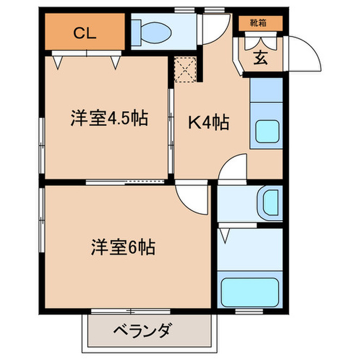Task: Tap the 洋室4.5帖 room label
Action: point(109,119)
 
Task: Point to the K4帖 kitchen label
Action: point(208,123)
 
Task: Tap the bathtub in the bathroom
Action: point(249,292)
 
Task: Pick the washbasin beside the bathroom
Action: point(269,203)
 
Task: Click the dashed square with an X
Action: point(185,69)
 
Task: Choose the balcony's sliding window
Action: point(131,311)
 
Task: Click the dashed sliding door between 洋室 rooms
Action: point(125,181)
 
